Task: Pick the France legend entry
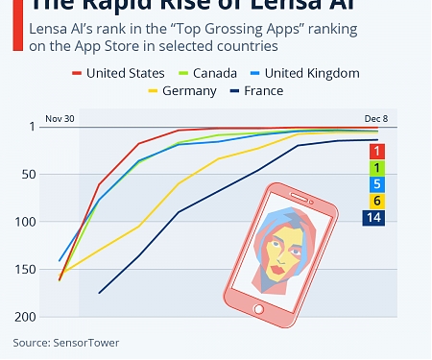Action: tap(263, 91)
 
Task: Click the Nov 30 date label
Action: tap(59, 119)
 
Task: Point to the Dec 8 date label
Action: tap(375, 119)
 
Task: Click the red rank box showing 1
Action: tap(377, 152)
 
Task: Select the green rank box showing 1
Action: tap(377, 168)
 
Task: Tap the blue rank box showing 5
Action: tap(377, 184)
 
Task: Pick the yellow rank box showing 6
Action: tap(377, 201)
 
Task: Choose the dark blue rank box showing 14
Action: tap(374, 218)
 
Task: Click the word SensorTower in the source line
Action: tap(86, 342)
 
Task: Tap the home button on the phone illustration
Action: tap(256, 308)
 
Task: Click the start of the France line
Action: tap(99, 293)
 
